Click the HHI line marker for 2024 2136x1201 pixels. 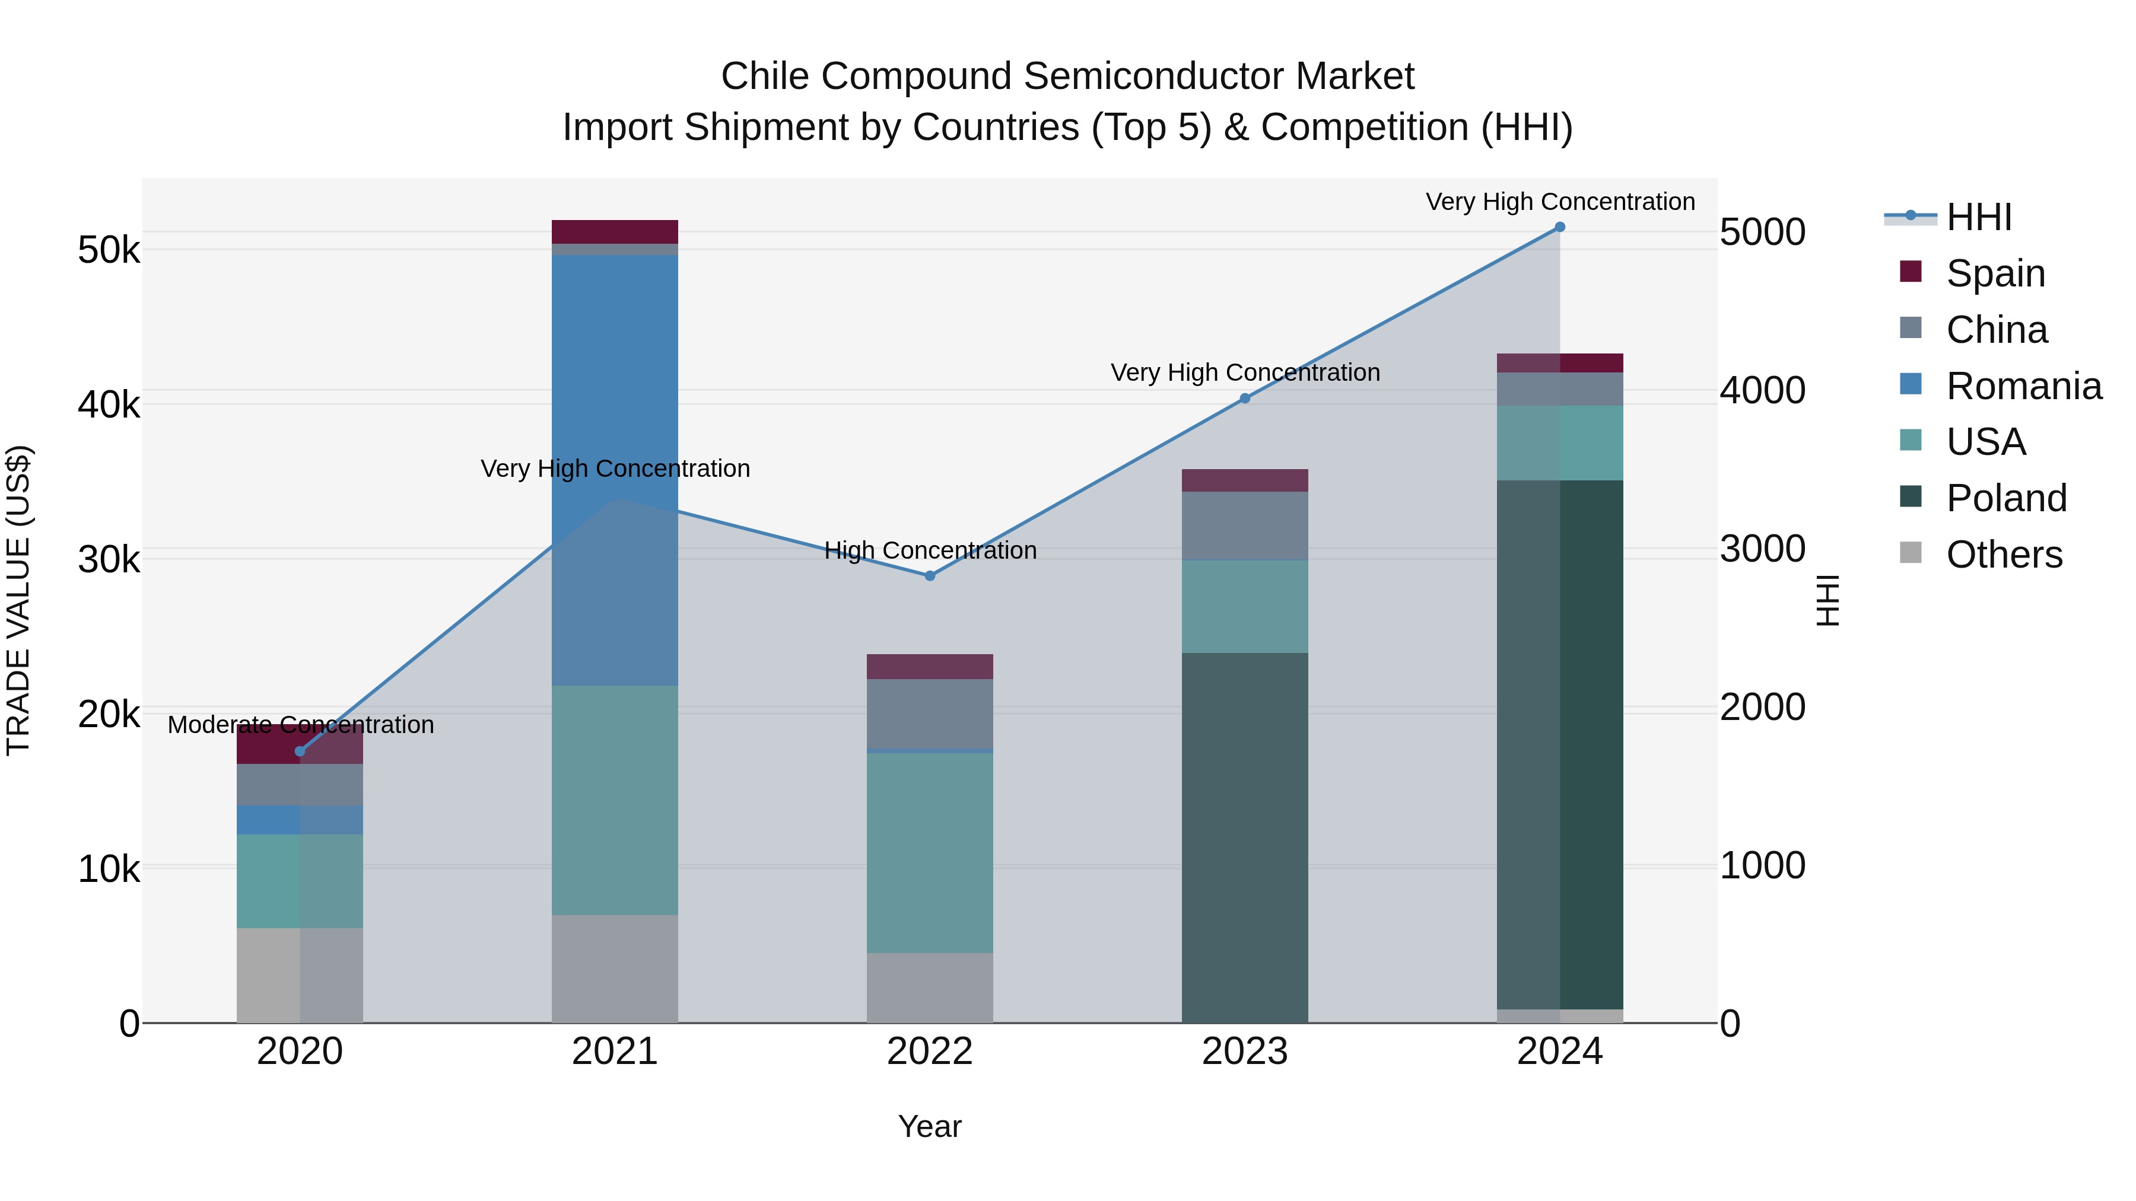(x=1560, y=227)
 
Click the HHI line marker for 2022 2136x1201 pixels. (x=930, y=576)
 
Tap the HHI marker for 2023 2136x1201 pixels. (x=1245, y=399)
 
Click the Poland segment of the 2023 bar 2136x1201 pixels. (x=1245, y=837)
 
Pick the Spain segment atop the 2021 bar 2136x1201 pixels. (x=615, y=232)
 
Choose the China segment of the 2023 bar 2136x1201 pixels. (x=1245, y=525)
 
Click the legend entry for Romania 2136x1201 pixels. (x=2023, y=386)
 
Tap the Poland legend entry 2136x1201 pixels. (x=2006, y=498)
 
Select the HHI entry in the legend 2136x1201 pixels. (x=1978, y=217)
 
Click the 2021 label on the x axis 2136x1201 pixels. (x=615, y=1052)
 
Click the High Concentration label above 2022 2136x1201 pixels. (x=930, y=551)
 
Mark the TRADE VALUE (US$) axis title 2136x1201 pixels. (x=18, y=600)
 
